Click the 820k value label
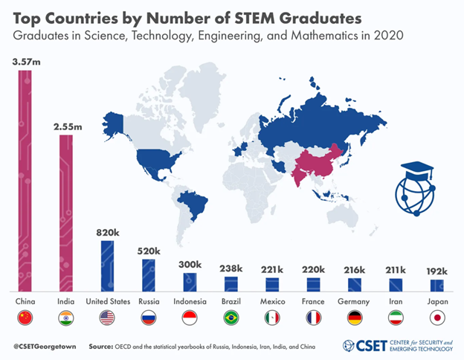point(108,232)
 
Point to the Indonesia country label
point(190,302)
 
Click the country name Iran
point(396,302)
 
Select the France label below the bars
point(313,302)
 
